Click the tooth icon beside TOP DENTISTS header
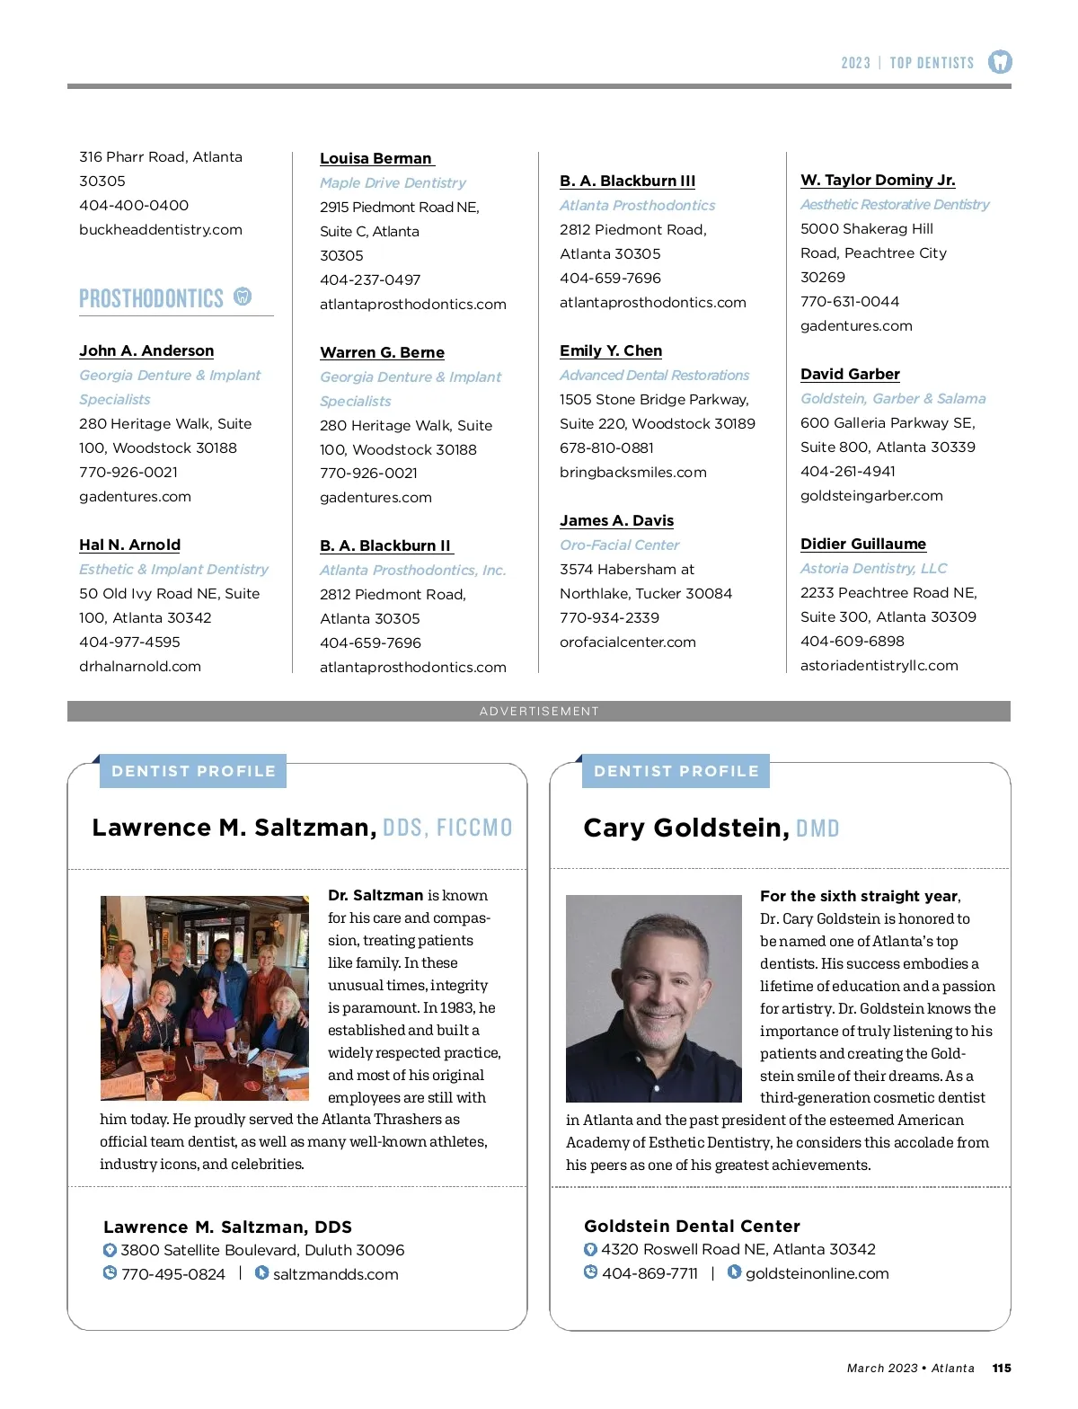click(x=1000, y=62)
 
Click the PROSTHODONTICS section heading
click(x=151, y=298)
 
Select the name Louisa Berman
click(x=376, y=158)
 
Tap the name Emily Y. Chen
click(x=611, y=350)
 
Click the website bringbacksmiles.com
click(x=632, y=472)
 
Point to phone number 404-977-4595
click(x=129, y=642)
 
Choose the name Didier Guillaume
click(x=862, y=544)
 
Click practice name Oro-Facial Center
click(x=619, y=545)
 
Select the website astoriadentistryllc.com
click(x=879, y=665)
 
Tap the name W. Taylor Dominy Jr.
click(x=878, y=180)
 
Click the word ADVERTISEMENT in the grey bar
click(x=539, y=711)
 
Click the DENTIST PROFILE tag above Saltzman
click(x=193, y=771)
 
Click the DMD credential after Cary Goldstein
click(x=817, y=829)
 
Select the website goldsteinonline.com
click(x=817, y=1273)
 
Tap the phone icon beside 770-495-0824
click(x=110, y=1273)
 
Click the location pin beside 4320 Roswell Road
click(x=590, y=1249)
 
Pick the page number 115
click(x=1002, y=1368)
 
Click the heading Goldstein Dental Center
click(x=692, y=1226)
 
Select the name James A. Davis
click(x=616, y=520)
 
